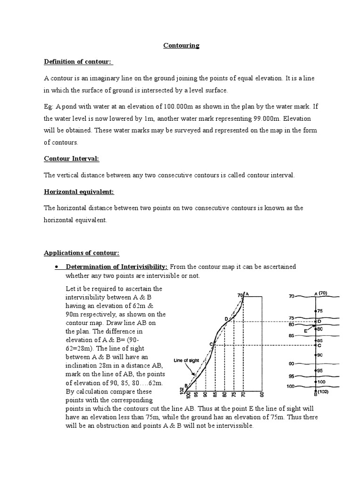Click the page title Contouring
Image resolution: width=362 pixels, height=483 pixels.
pos(181,46)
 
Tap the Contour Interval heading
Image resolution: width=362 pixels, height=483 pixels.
pos(71,159)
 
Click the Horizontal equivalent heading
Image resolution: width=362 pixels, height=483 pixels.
pos(79,192)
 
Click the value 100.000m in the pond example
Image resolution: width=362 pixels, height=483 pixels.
pos(189,107)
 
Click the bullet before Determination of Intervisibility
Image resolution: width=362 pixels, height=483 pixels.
pos(56,267)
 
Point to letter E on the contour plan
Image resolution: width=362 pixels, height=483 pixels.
pos(306,331)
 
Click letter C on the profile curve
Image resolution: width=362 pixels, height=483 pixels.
pos(211,344)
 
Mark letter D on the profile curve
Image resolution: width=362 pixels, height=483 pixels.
pos(226,319)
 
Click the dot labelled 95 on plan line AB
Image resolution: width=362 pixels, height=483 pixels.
pos(315,371)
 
